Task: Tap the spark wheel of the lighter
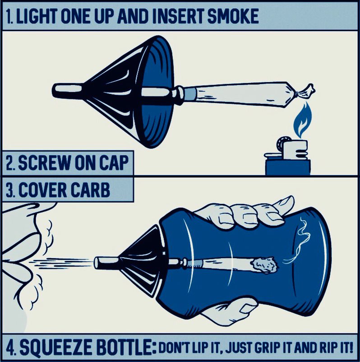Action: click(x=282, y=144)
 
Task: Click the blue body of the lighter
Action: click(x=288, y=167)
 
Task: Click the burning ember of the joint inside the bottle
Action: click(x=265, y=265)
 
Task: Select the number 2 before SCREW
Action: click(x=9, y=163)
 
